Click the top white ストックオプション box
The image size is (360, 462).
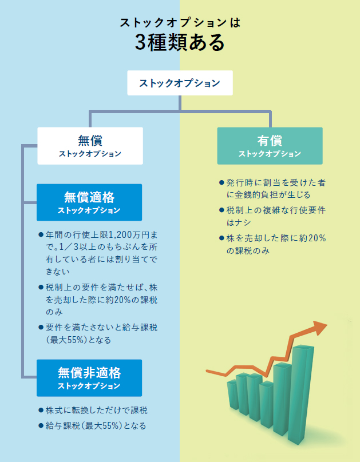[180, 83]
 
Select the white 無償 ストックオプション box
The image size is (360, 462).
[90, 146]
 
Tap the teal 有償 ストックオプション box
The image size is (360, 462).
[270, 146]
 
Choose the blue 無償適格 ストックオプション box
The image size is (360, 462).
[89, 202]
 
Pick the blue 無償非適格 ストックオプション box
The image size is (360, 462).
[89, 378]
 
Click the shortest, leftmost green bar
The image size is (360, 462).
[232, 395]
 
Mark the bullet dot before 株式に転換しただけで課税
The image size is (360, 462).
[41, 411]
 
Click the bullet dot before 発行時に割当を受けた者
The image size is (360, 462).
[221, 183]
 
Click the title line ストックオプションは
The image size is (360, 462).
[180, 23]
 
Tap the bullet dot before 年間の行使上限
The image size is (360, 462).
[41, 235]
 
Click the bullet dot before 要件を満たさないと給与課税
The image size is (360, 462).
[41, 328]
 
